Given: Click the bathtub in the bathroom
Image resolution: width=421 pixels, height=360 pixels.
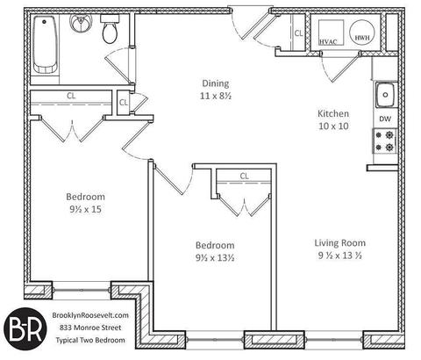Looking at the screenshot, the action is click(46, 45).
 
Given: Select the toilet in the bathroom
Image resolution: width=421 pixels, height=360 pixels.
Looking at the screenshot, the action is click(110, 29).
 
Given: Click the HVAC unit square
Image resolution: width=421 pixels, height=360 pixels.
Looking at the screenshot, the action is click(331, 32).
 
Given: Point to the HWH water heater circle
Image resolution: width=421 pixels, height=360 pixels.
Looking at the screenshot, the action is click(362, 32).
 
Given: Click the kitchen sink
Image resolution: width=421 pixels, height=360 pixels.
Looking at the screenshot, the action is click(385, 95).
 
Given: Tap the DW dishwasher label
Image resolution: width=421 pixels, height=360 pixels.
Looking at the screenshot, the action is click(385, 119).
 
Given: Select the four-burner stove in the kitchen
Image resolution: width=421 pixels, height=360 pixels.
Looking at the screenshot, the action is click(384, 140).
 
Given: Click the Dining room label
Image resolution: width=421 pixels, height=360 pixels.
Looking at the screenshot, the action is click(216, 83).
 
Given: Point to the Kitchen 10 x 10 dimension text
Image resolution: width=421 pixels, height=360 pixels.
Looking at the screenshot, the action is click(333, 126).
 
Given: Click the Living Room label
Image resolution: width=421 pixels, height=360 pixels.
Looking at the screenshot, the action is click(340, 243).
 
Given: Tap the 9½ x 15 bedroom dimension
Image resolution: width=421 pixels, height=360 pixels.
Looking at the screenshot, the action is click(85, 209).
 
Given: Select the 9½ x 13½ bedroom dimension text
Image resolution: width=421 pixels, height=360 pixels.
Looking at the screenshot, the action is click(215, 258).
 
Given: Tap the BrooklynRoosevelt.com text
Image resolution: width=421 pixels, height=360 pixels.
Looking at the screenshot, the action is click(90, 315).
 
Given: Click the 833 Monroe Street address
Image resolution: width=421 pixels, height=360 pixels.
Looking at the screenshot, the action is click(90, 328).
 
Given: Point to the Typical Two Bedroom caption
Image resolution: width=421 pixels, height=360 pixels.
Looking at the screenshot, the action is click(90, 341).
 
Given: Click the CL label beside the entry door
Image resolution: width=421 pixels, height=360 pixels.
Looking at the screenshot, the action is click(298, 33).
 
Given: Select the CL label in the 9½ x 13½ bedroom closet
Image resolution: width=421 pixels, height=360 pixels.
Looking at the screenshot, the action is click(245, 176).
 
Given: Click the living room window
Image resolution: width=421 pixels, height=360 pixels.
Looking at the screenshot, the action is click(334, 340).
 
